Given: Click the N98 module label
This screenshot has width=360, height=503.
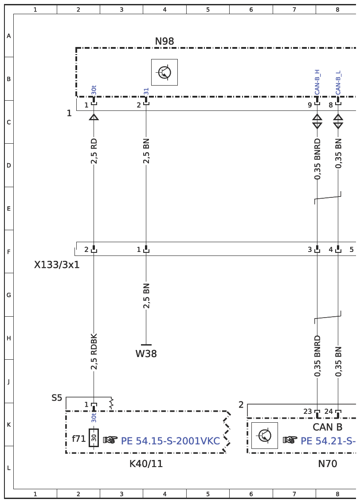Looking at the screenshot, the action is click(164, 41).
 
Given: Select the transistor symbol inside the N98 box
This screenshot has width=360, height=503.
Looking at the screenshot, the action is click(164, 72).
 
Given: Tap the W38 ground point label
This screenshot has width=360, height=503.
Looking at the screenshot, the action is click(146, 354).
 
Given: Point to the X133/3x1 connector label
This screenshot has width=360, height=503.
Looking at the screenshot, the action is click(57, 265).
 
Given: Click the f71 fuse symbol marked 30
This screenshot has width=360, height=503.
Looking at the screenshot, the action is click(94, 438).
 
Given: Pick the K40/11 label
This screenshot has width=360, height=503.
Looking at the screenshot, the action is click(146, 464).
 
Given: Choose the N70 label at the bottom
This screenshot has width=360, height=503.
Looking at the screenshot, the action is click(327, 464).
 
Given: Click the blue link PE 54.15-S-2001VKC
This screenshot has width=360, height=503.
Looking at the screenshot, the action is click(170, 441).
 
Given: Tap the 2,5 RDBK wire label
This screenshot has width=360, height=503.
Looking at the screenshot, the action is click(94, 352).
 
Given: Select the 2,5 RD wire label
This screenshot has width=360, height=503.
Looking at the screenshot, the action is click(94, 151).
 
